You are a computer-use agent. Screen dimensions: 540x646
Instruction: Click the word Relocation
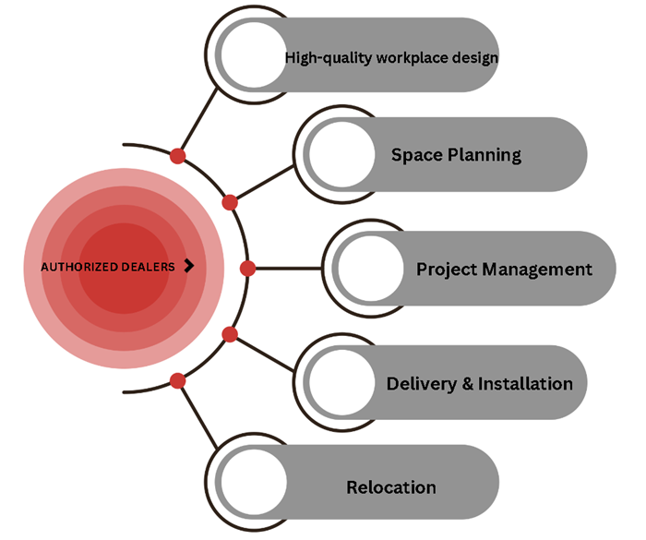[391, 486]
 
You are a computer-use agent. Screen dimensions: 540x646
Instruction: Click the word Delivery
[419, 383]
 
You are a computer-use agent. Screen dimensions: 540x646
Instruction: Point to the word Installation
[525, 383]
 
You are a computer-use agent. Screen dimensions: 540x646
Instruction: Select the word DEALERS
[149, 267]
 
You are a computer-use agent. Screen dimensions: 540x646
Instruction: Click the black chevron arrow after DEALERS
[189, 266]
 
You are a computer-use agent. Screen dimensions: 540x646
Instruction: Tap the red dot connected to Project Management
[246, 269]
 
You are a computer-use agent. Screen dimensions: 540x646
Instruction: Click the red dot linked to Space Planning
[230, 202]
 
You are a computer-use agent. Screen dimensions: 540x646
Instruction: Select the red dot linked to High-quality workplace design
[177, 155]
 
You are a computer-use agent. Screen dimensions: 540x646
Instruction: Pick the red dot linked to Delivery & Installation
[230, 334]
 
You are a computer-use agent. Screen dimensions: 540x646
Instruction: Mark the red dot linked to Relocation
[178, 380]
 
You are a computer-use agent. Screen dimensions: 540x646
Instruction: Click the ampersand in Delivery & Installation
[467, 383]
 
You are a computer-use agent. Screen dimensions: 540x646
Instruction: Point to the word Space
[416, 154]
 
